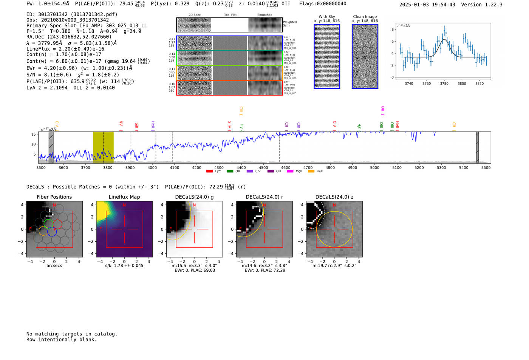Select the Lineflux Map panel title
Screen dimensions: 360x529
tap(124, 197)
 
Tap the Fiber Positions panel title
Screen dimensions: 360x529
tap(54, 197)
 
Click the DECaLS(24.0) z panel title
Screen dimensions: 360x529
tap(334, 197)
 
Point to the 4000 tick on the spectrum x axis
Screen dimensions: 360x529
tap(152, 167)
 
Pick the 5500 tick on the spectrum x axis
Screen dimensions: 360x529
tap(486, 167)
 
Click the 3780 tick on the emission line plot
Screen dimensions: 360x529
tap(444, 83)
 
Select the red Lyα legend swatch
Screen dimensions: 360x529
tap(209, 171)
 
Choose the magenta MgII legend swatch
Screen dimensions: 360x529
tap(290, 171)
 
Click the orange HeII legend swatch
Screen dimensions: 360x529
tap(311, 171)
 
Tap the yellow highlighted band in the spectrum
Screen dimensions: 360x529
tap(103, 147)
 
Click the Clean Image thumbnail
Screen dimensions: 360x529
tap(365, 56)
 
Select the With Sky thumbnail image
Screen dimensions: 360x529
tap(327, 56)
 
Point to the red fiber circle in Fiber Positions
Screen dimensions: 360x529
tap(57, 224)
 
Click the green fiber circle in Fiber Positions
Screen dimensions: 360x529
tap(48, 223)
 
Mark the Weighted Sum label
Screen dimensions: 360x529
tap(290, 23)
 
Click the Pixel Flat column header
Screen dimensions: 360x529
tap(230, 15)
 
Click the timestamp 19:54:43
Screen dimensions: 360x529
tap(442, 5)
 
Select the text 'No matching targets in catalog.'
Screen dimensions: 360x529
tap(72, 334)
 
